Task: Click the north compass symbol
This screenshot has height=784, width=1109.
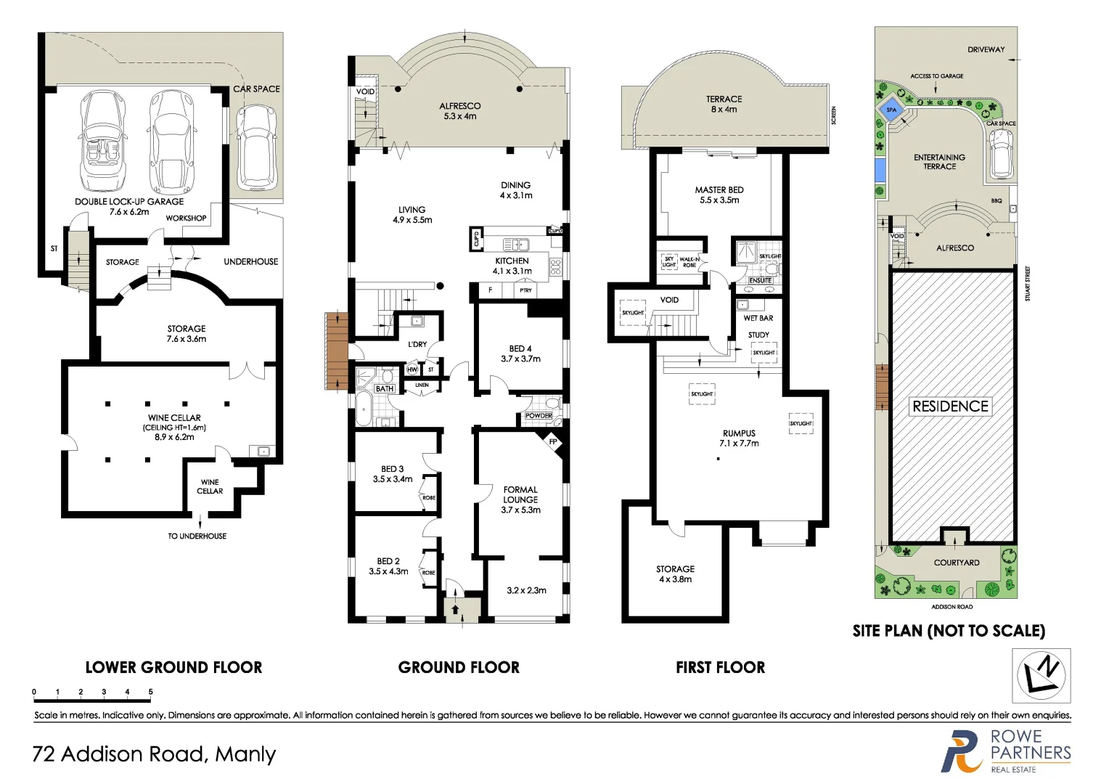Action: click(x=1042, y=675)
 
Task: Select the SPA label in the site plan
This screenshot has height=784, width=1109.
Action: click(x=891, y=110)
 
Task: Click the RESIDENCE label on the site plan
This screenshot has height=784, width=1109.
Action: click(x=950, y=407)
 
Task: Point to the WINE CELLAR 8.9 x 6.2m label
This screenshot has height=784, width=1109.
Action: click(x=174, y=427)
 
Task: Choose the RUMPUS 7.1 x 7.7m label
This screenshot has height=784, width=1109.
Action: click(x=739, y=438)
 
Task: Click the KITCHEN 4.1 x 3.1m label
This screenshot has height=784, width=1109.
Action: click(x=512, y=266)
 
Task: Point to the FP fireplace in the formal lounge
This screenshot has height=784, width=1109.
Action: click(x=553, y=442)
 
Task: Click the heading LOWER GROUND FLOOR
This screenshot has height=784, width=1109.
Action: click(x=173, y=667)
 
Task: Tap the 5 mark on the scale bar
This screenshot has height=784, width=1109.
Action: click(x=150, y=693)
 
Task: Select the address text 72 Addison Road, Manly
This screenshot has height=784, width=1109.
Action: click(x=154, y=754)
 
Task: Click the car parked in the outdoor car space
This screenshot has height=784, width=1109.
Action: click(x=257, y=145)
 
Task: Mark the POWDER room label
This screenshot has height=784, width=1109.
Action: click(x=539, y=416)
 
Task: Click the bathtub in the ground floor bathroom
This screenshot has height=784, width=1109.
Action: click(x=363, y=409)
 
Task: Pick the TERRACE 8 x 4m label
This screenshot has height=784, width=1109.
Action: click(x=724, y=104)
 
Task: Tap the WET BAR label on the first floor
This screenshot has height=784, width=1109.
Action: click(x=758, y=318)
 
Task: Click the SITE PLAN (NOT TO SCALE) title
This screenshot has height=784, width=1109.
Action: click(x=949, y=631)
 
